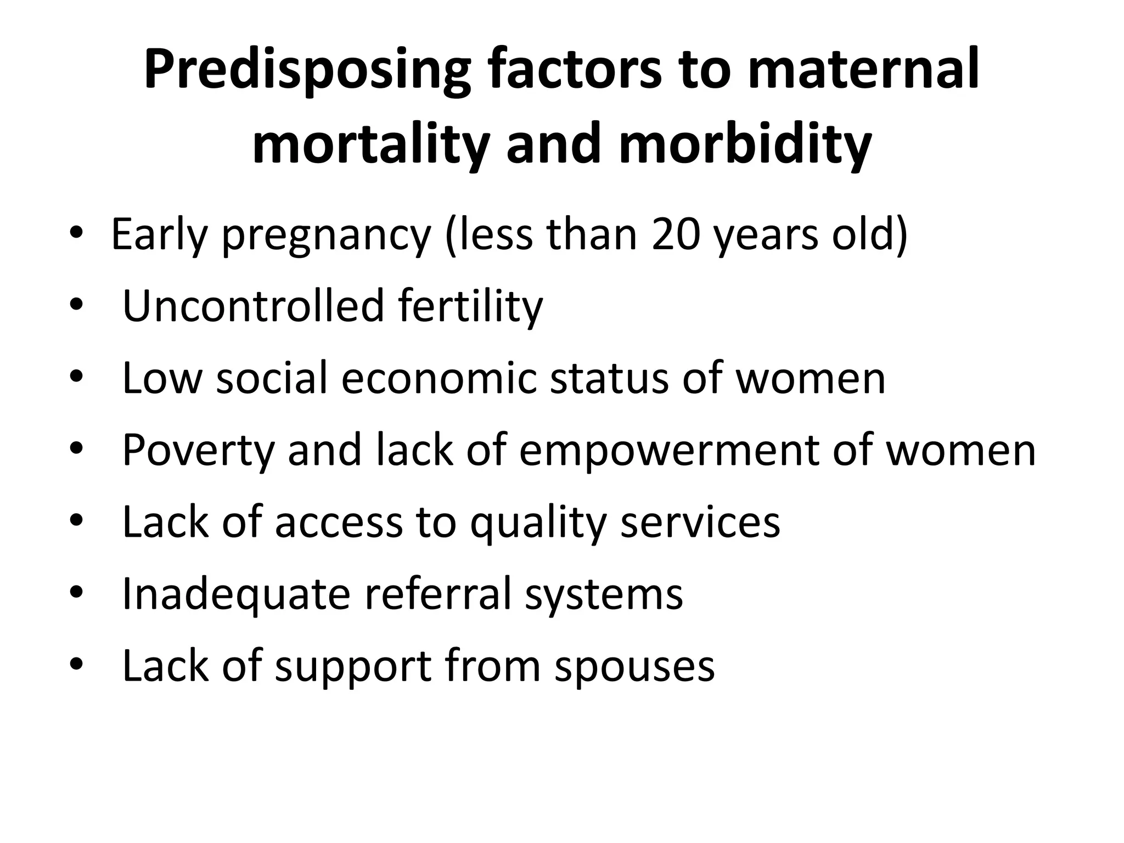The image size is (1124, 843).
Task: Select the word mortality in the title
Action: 370,144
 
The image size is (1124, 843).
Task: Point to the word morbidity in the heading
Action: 745,144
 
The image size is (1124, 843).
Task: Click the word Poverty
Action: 198,450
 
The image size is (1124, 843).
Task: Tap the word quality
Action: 538,523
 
